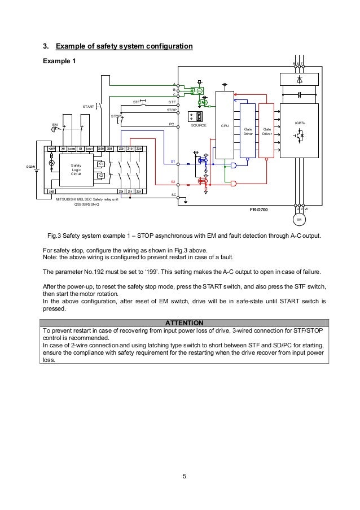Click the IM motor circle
[299, 218]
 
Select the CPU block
[225, 125]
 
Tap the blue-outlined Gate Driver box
[247, 131]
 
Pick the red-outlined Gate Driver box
[266, 131]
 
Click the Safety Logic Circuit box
[76, 169]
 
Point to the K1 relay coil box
[100, 164]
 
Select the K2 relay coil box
[100, 176]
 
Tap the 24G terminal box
[51, 191]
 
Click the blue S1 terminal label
[173, 162]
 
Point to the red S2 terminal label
[173, 181]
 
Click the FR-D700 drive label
[259, 209]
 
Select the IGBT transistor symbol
[298, 135]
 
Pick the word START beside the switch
[89, 106]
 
